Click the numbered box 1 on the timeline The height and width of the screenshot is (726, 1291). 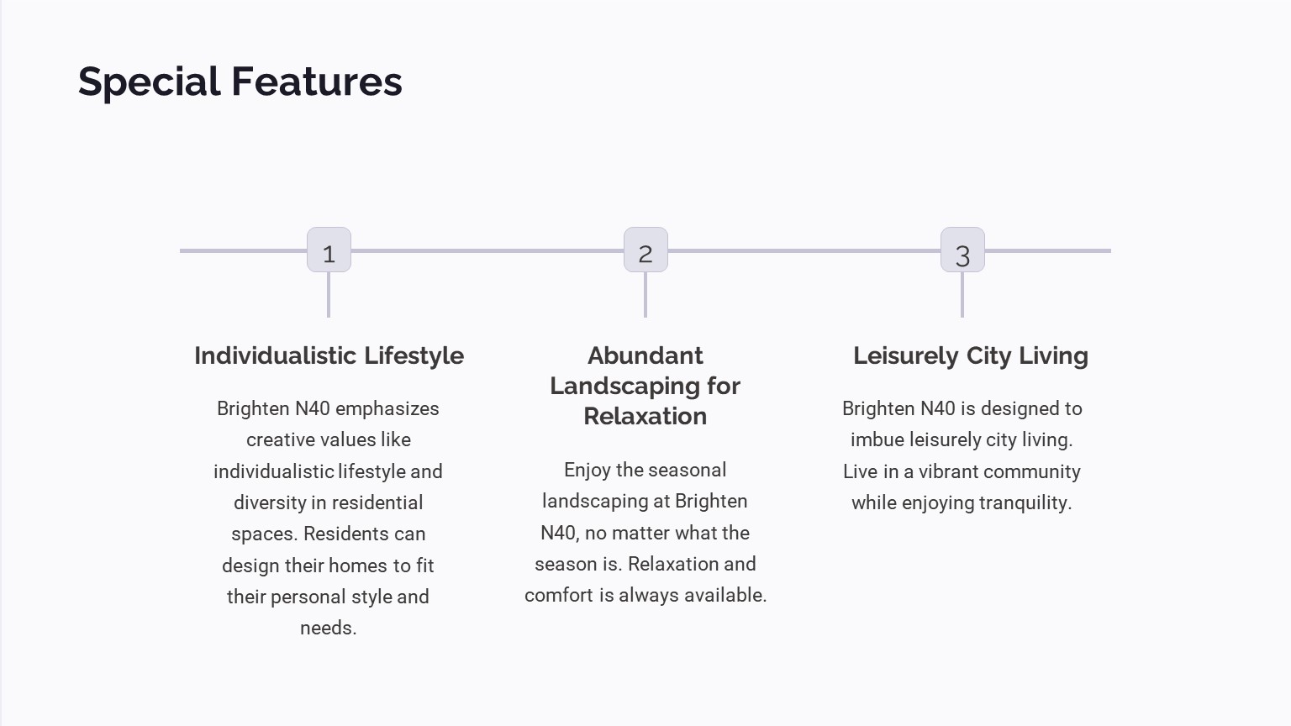pos(329,250)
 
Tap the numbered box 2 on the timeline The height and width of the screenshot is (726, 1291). pos(646,250)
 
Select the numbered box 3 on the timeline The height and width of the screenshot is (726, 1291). pos(962,250)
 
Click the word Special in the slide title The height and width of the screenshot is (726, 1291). pos(150,82)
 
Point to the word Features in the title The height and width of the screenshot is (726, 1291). pos(317,82)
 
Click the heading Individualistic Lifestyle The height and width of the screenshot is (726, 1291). pos(329,356)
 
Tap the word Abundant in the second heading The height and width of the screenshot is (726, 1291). pos(645,355)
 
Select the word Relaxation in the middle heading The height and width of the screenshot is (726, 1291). pos(645,416)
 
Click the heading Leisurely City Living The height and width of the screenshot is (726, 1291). pos(971,356)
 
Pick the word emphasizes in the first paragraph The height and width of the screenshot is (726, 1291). pos(387,408)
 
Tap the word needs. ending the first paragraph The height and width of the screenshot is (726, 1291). pos(329,628)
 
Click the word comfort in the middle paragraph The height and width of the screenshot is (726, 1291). pos(558,595)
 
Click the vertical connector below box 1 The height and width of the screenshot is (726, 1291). pos(329,294)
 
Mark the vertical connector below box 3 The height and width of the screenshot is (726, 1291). pos(962,294)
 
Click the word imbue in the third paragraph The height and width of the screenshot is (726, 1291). pos(877,439)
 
